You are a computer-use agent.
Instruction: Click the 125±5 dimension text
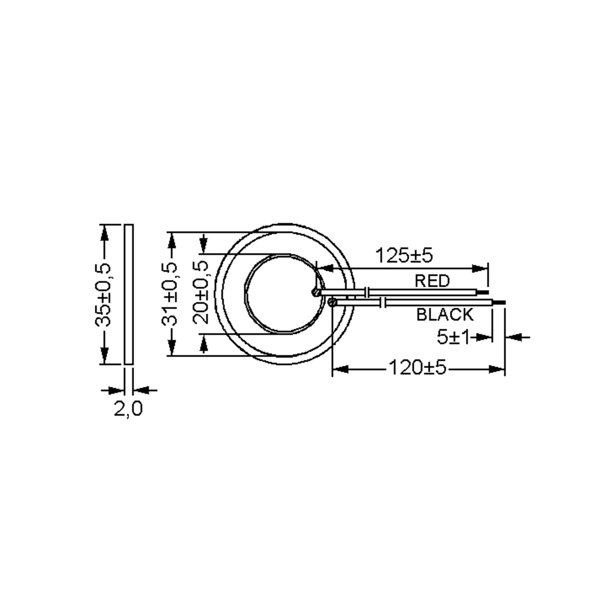tap(404, 255)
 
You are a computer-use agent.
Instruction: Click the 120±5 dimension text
tap(417, 368)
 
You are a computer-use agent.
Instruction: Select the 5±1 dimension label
tap(453, 337)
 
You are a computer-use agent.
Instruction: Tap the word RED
tap(432, 281)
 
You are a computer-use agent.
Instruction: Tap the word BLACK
tap(445, 315)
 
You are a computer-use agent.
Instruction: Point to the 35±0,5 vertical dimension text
tap(103, 295)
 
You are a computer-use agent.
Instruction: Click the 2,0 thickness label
tap(128, 409)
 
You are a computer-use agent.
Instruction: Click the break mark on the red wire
tap(367, 292)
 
